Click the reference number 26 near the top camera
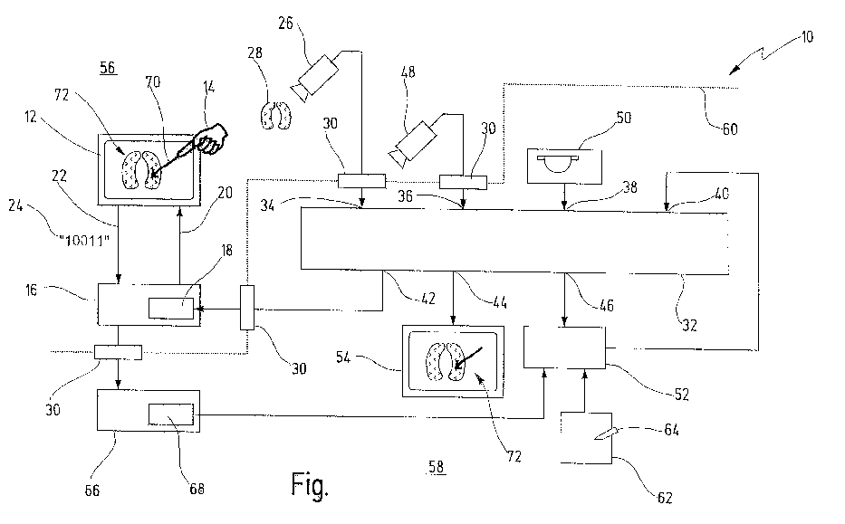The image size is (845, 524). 285,24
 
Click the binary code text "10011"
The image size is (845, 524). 84,240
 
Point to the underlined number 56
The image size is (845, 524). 108,68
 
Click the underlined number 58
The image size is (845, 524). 437,467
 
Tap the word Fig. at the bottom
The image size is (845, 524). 310,484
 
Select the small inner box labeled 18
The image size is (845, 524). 171,308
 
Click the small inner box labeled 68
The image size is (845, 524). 171,414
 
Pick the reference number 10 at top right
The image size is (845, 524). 807,37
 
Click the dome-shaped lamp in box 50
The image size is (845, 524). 558,163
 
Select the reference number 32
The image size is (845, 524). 690,325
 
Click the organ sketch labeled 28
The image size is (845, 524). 276,116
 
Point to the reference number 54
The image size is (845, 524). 343,357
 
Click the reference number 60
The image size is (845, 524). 730,129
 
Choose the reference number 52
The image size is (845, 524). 682,395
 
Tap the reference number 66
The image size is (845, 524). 92,491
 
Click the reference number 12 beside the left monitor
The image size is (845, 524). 31,117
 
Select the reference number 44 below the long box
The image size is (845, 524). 500,302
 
